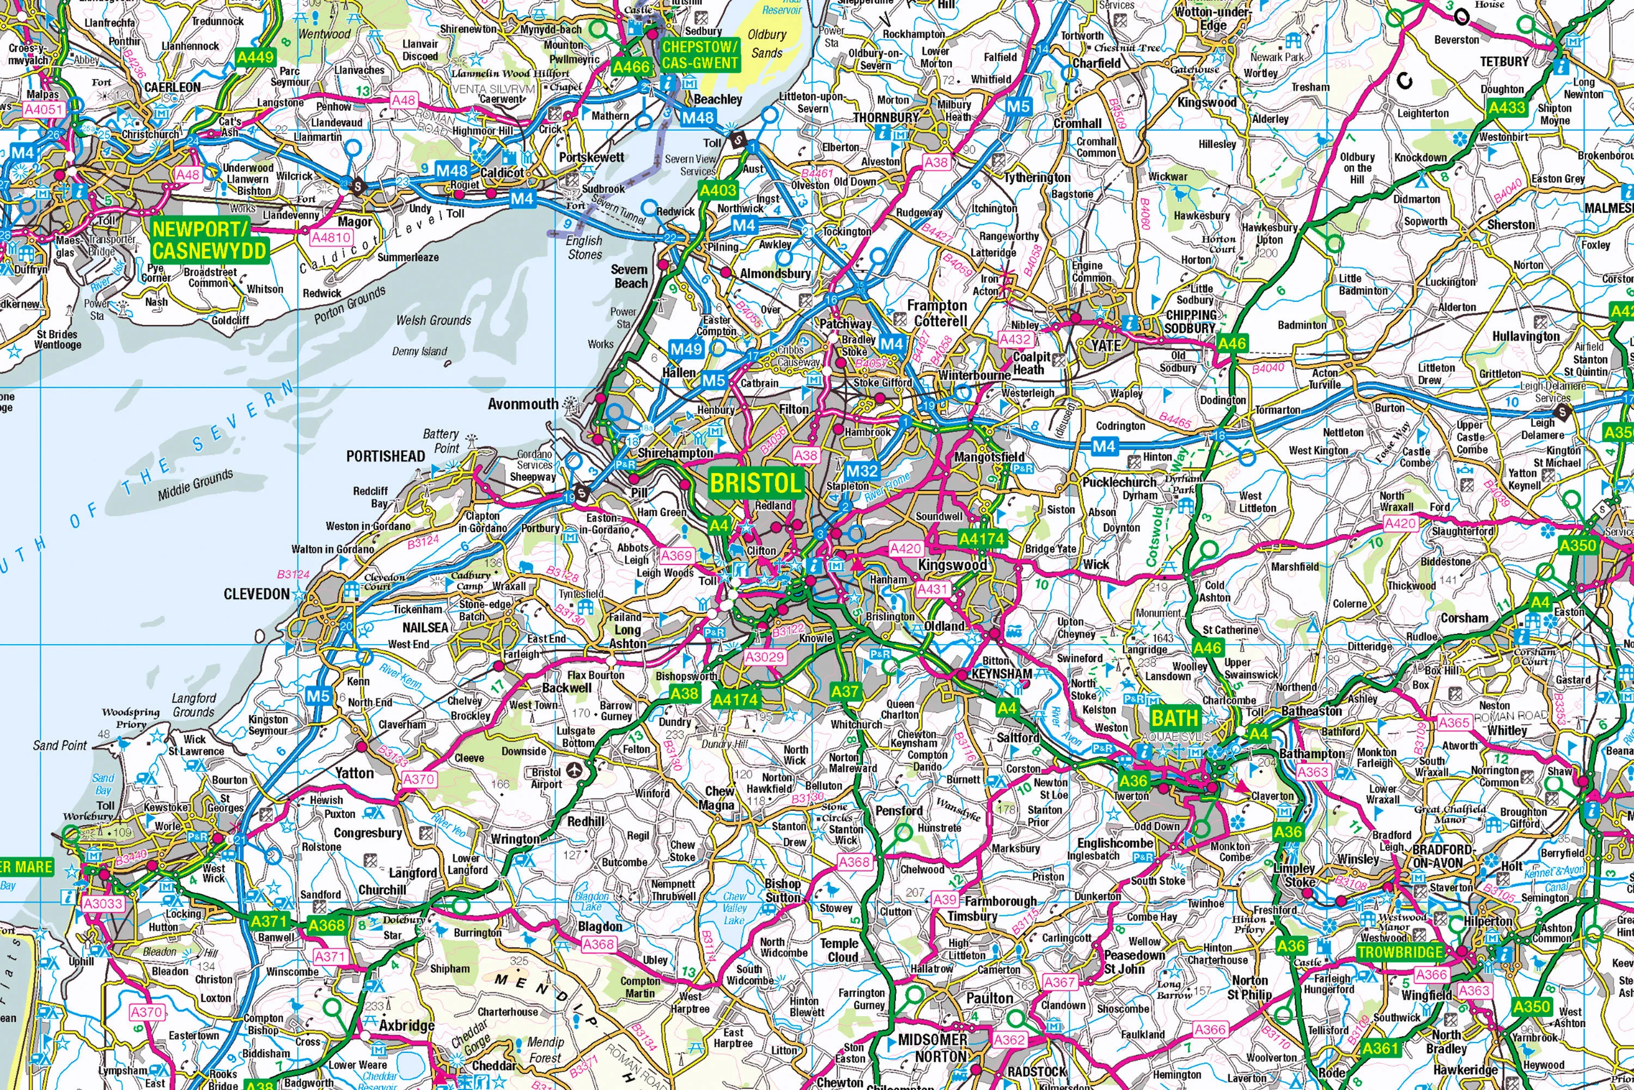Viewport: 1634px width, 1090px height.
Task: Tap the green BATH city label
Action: point(1175,717)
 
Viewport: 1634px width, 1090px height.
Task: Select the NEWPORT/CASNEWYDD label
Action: point(209,240)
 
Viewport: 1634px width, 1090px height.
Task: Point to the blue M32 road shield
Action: point(862,471)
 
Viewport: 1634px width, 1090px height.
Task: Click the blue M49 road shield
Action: point(686,349)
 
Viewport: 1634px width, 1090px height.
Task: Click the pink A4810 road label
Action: point(331,238)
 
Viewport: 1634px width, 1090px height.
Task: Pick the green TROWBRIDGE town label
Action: point(1400,952)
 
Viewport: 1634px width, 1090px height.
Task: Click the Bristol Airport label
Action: point(547,778)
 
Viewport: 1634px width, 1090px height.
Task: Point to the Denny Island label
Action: point(419,351)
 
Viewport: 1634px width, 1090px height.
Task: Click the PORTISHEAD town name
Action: point(386,456)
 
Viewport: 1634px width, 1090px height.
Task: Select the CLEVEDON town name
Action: point(257,594)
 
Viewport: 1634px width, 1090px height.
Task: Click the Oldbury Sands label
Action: point(767,43)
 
